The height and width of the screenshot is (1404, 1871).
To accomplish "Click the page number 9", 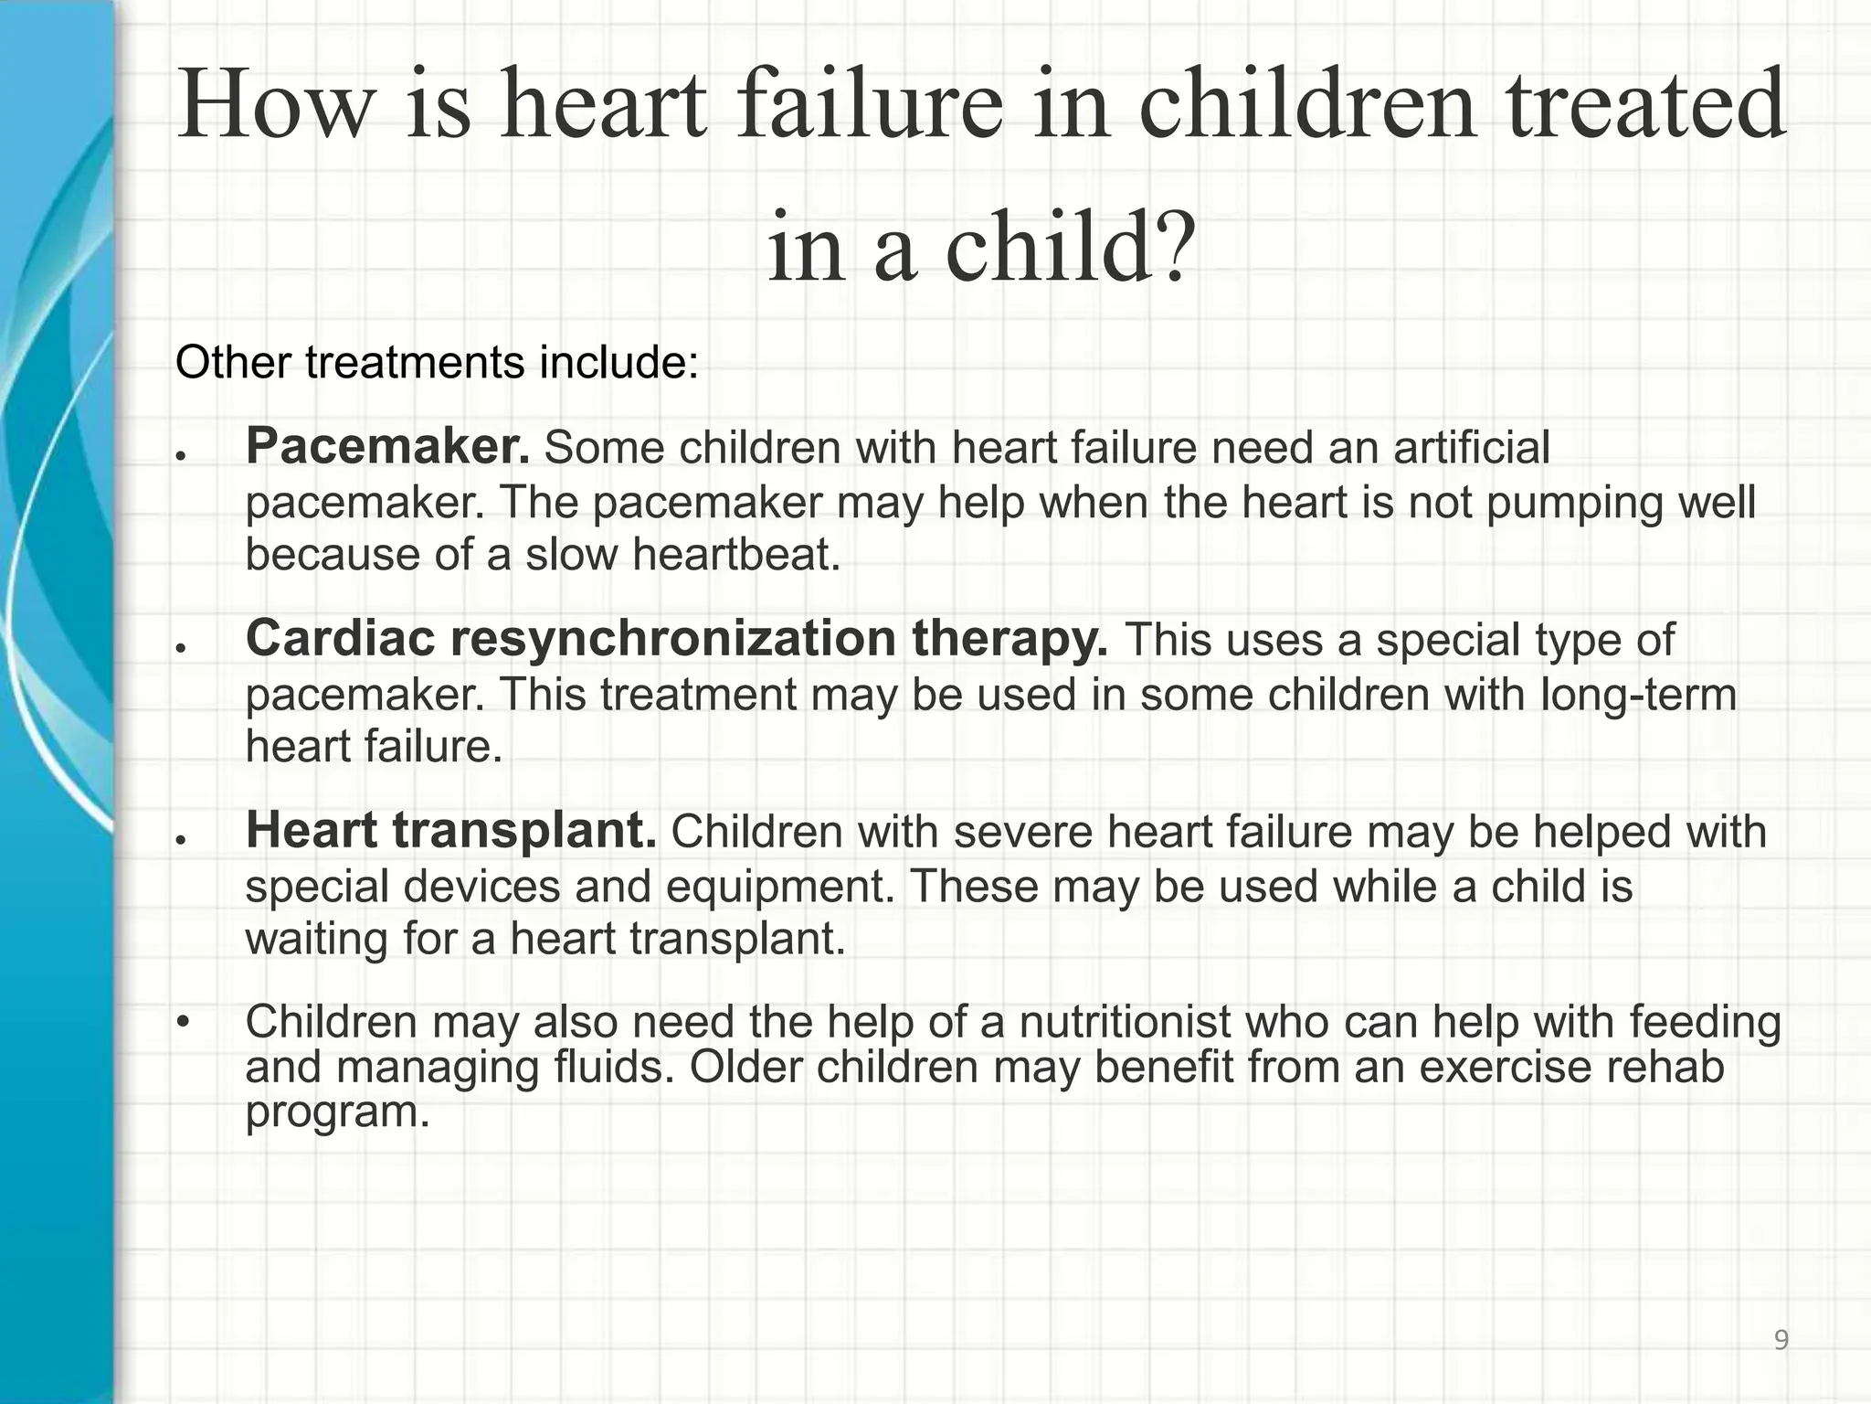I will (1781, 1340).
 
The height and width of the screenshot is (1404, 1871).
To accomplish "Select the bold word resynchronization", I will (675, 638).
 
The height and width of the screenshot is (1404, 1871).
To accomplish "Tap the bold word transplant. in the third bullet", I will (524, 830).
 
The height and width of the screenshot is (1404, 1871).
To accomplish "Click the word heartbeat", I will (735, 554).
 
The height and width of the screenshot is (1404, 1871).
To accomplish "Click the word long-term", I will (1638, 694).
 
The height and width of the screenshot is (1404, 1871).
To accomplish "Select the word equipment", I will (779, 886).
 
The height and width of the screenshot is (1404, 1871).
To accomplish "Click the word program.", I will (337, 1112).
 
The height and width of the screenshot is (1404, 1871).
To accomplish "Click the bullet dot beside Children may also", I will (183, 1021).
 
